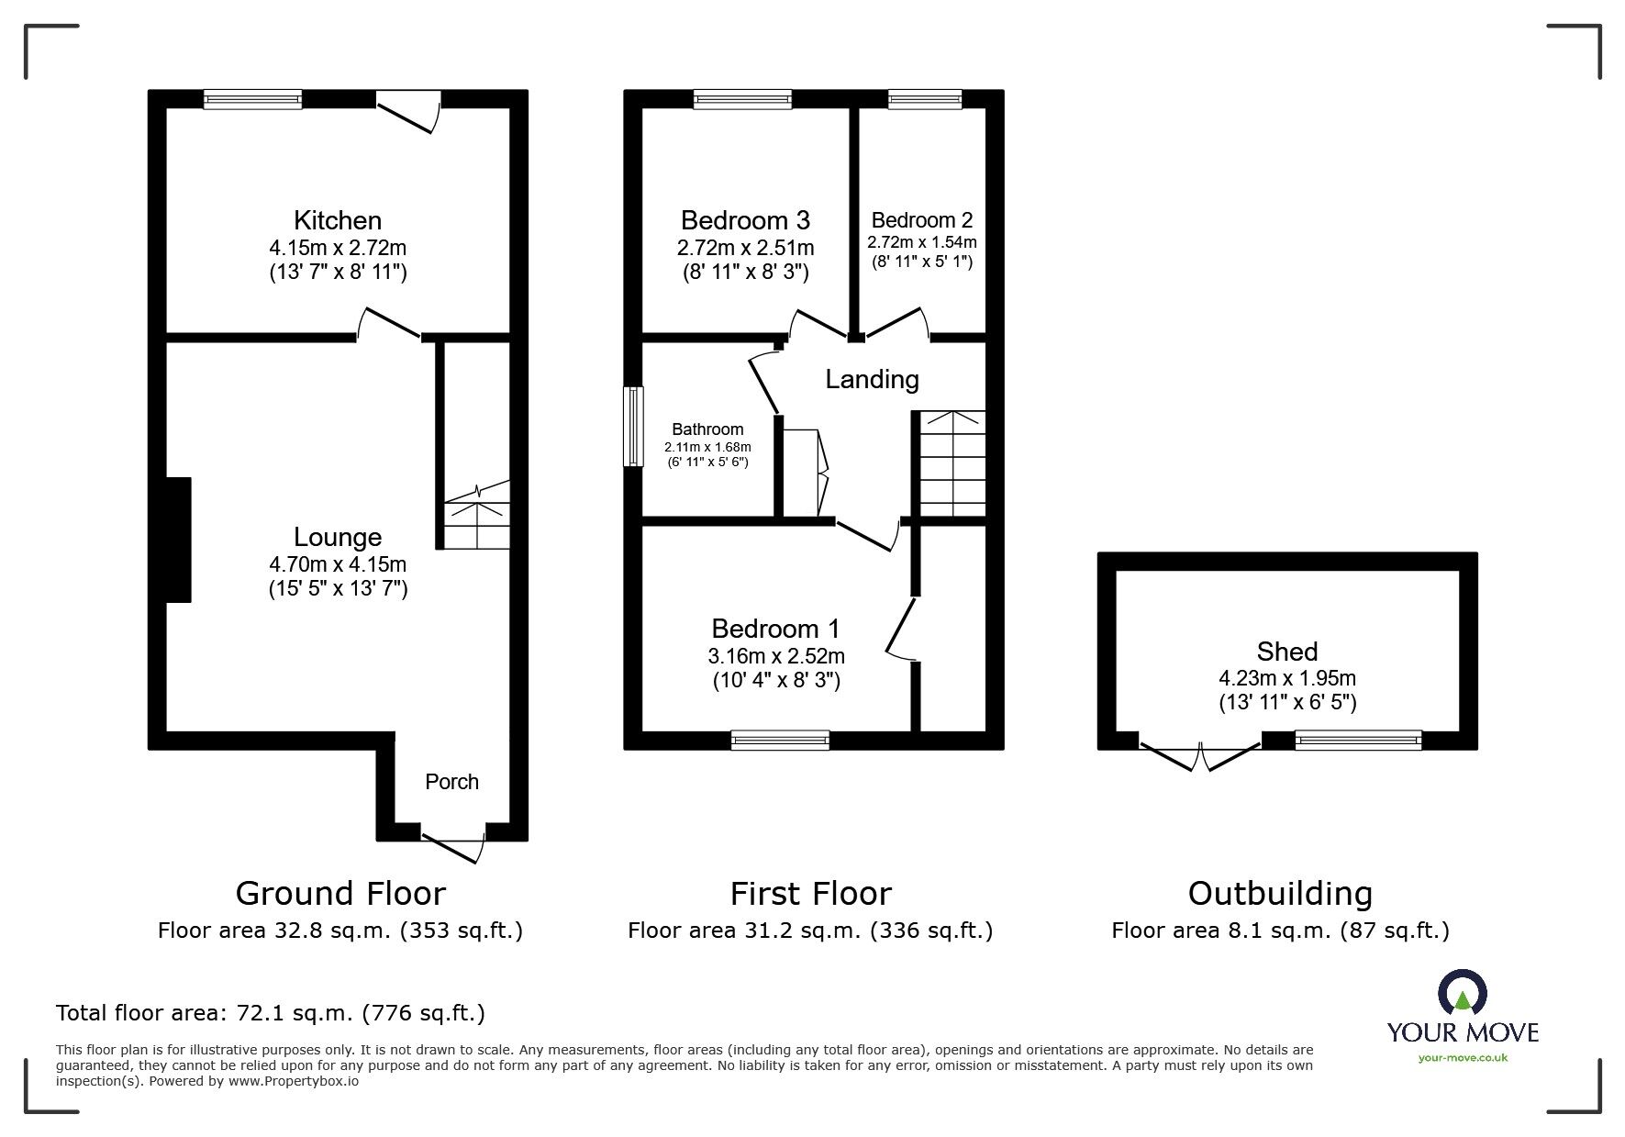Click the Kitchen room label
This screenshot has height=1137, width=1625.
(x=337, y=220)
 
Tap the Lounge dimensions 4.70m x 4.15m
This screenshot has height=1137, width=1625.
(x=337, y=563)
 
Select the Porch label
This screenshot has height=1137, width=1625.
(x=451, y=782)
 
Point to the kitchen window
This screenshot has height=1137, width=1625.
(x=252, y=99)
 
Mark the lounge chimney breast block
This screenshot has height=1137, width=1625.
(x=178, y=540)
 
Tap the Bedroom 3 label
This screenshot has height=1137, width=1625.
(x=744, y=220)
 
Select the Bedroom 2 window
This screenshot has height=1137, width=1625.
(x=924, y=99)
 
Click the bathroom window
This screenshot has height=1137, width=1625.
(x=633, y=426)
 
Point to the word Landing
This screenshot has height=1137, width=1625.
(x=872, y=379)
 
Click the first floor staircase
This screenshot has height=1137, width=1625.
(x=952, y=464)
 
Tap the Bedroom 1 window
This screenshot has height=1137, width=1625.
(x=780, y=740)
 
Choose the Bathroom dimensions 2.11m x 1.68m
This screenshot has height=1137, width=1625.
(x=707, y=447)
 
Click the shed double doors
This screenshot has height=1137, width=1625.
(x=1199, y=754)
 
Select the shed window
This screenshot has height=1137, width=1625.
(x=1358, y=740)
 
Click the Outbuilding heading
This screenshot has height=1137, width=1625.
(x=1280, y=893)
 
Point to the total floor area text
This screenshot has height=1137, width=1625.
(x=271, y=1013)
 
